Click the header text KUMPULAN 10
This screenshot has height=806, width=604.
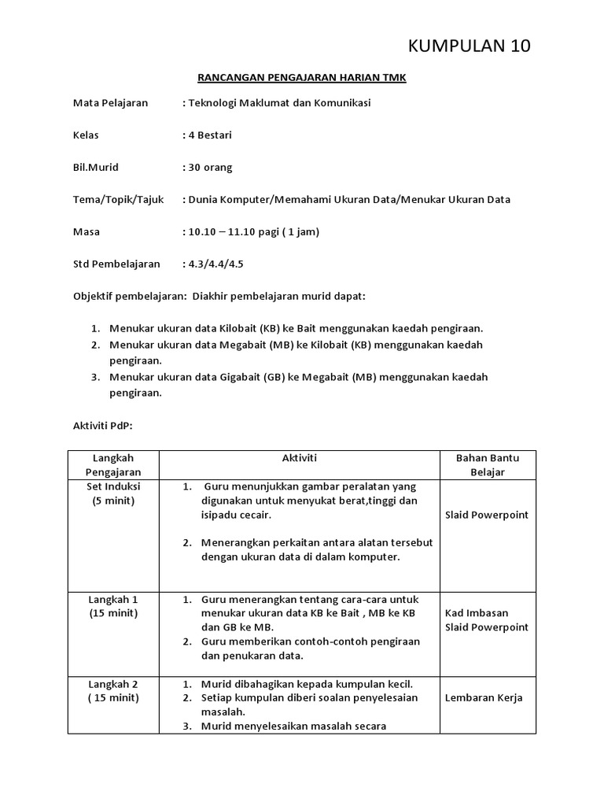pyautogui.click(x=470, y=46)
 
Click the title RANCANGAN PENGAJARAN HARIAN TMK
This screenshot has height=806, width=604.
pyautogui.click(x=301, y=78)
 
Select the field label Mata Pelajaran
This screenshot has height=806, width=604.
pyautogui.click(x=110, y=102)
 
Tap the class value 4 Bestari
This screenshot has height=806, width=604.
pyautogui.click(x=207, y=135)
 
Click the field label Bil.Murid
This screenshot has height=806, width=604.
pyautogui.click(x=96, y=167)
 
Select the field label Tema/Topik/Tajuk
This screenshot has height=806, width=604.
pyautogui.click(x=119, y=199)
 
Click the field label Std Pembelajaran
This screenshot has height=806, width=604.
pyautogui.click(x=116, y=264)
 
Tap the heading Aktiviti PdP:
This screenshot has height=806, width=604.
pyautogui.click(x=103, y=425)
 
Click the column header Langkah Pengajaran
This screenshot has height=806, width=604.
pyautogui.click(x=113, y=464)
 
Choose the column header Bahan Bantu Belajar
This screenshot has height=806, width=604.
pyautogui.click(x=487, y=464)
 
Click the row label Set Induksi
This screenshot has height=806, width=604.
pyautogui.click(x=113, y=486)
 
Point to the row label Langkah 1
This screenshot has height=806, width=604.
pyautogui.click(x=113, y=599)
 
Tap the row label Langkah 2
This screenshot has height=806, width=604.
pyautogui.click(x=113, y=683)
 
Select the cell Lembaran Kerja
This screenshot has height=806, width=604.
pyautogui.click(x=483, y=697)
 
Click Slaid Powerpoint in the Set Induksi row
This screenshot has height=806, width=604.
pyautogui.click(x=487, y=515)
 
